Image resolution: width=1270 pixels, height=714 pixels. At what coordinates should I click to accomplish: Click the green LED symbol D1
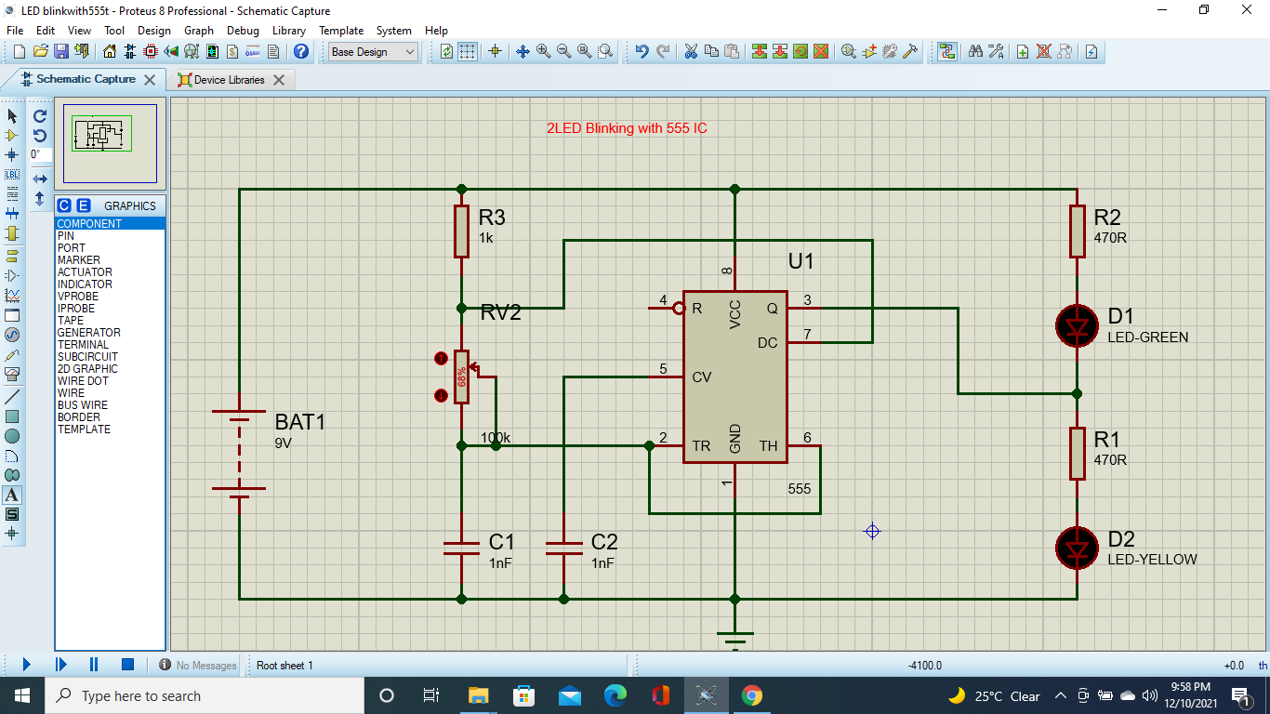pos(1077,325)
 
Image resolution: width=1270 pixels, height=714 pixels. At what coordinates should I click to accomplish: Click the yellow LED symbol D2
pos(1077,549)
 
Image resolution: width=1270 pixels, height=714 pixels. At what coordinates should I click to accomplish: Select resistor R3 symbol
pos(461,231)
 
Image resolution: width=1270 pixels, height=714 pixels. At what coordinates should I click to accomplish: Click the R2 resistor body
pos(1077,231)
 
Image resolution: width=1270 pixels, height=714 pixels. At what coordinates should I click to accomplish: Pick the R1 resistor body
pos(1077,454)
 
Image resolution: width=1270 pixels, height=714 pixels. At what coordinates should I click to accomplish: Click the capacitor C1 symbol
pos(461,549)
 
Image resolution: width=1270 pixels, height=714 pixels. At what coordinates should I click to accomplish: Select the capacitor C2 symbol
pos(563,549)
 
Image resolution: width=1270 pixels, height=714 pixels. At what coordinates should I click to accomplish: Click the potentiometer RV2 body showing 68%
pos(461,377)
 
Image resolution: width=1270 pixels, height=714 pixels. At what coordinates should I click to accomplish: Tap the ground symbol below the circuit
pos(734,638)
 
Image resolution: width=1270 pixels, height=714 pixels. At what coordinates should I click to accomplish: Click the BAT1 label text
pos(300,422)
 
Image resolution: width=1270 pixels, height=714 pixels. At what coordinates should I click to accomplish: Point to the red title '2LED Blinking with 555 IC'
pos(627,128)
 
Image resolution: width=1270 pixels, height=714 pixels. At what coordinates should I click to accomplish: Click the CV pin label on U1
pos(702,377)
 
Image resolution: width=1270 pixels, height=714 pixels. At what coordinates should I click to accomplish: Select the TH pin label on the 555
pos(768,446)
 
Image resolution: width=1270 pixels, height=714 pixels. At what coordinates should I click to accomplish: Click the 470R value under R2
pos(1110,237)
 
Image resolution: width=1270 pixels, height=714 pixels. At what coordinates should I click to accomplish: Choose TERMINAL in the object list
pos(83,345)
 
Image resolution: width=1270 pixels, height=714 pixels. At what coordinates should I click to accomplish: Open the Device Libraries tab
pos(229,80)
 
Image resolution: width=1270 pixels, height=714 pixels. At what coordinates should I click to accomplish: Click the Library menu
pos(288,30)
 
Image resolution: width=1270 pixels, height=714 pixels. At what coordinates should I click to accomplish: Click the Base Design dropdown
pos(374,52)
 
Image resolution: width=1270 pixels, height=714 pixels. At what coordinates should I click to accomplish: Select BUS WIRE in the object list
pos(82,405)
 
